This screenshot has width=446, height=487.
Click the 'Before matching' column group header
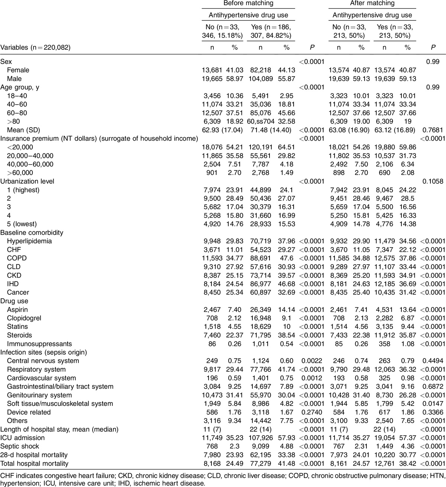click(x=248, y=3)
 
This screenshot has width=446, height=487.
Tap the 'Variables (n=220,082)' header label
click(x=36, y=47)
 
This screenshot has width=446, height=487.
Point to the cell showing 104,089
click(x=258, y=79)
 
